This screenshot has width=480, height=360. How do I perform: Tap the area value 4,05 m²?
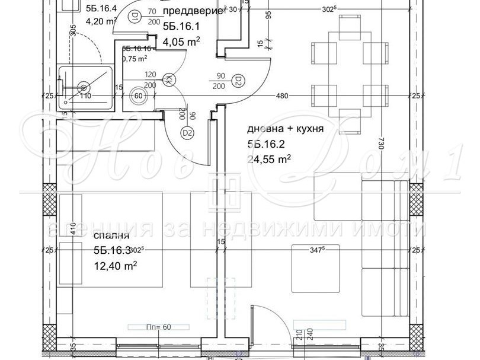pyautogui.click(x=181, y=41)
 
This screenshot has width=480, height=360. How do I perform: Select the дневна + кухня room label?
pyautogui.click(x=286, y=129)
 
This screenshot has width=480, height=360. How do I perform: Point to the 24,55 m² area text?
pyautogui.click(x=269, y=158)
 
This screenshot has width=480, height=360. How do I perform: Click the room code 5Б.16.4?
pyautogui.click(x=101, y=9)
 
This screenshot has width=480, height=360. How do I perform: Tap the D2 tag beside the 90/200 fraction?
pyautogui.click(x=239, y=80)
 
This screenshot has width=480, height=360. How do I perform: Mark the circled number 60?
pyautogui.click(x=140, y=95)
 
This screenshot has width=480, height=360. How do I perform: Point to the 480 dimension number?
pyautogui.click(x=281, y=96)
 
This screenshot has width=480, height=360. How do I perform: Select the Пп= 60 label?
pyautogui.click(x=159, y=326)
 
